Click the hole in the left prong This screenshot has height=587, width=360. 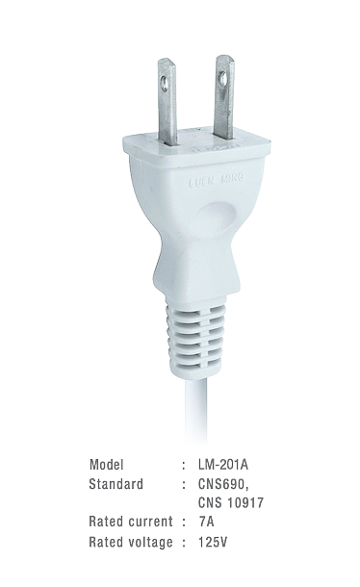(164, 83)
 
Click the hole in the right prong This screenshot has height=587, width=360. (223, 79)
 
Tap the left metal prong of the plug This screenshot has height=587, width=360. (167, 102)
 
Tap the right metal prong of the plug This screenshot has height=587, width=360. (225, 100)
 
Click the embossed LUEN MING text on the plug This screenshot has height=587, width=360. (217, 181)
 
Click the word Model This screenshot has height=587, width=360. (106, 465)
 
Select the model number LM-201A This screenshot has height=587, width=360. (223, 465)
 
